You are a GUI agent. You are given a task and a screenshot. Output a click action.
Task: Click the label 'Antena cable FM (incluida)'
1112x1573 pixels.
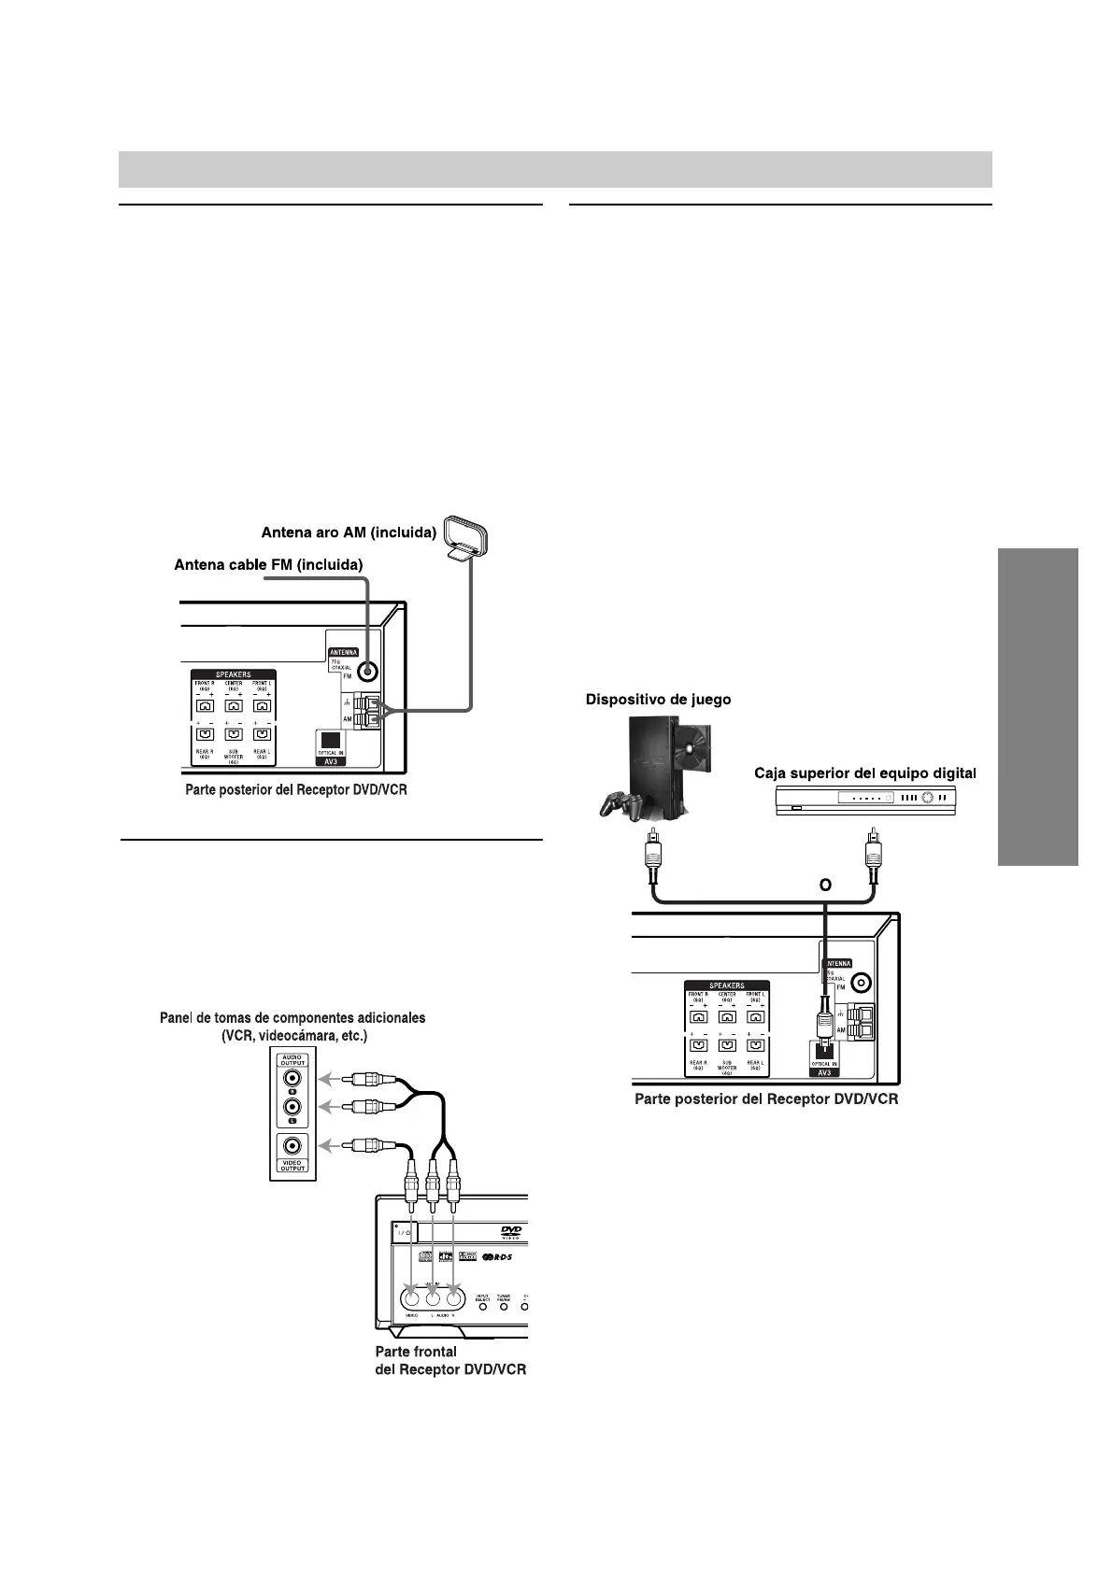click(x=268, y=565)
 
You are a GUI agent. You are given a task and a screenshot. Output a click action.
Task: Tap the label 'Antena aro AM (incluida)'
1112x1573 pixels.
click(x=349, y=533)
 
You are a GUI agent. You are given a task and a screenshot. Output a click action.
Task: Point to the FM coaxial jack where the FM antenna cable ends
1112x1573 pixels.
click(x=368, y=671)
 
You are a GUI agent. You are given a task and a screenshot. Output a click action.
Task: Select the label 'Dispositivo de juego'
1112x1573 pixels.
click(x=659, y=700)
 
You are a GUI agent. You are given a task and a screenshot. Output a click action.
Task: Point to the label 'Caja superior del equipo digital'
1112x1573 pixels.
click(x=865, y=773)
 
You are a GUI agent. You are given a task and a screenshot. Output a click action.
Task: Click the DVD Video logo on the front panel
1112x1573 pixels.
click(x=509, y=1232)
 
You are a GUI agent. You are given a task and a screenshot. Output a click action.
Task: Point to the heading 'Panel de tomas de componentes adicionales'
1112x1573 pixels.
click(x=293, y=1018)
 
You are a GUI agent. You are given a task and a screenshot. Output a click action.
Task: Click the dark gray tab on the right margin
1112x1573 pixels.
click(x=1038, y=707)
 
